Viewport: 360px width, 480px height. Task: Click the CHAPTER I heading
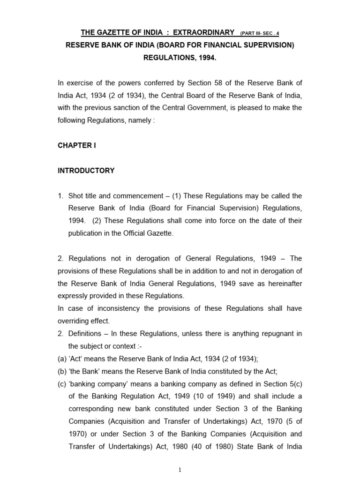click(76, 145)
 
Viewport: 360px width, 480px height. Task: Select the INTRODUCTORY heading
click(86, 171)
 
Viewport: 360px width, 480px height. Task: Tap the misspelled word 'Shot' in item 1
click(76, 195)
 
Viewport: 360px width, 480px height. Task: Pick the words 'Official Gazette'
click(149, 233)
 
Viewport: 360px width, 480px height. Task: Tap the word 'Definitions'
click(85, 333)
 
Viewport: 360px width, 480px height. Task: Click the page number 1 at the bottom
click(180, 471)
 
